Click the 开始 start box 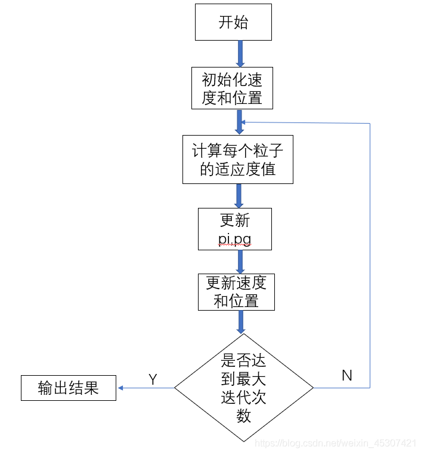tap(233, 23)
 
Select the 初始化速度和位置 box tap(232, 88)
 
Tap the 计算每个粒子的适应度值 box tap(237, 159)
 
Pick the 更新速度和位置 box tap(236, 292)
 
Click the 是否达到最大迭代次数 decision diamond tap(243, 388)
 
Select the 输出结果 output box tap(68, 388)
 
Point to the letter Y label tap(153, 379)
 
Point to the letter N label tap(346, 376)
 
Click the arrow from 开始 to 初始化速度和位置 tap(240, 54)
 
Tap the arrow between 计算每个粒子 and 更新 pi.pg tap(239, 195)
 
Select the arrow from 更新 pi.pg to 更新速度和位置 tap(240, 262)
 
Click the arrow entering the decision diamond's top tap(241, 322)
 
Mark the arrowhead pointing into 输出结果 tap(120, 388)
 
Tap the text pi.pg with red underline tap(234, 240)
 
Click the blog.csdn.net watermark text tap(335, 443)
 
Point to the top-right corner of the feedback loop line tap(370, 124)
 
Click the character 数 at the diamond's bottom tap(243, 416)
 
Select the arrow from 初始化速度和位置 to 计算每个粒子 tap(240, 121)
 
